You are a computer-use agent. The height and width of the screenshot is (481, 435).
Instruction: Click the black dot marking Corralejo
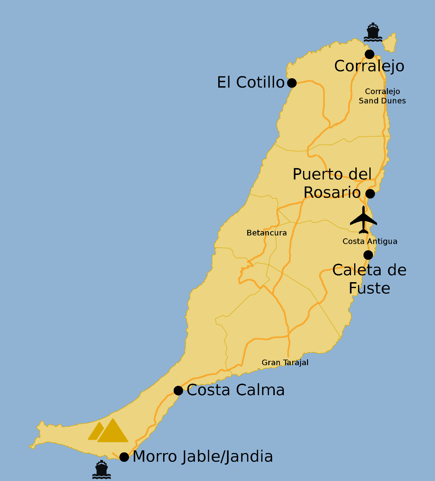[x=369, y=54]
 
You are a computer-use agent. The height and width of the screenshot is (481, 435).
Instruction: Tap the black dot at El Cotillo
[x=292, y=83]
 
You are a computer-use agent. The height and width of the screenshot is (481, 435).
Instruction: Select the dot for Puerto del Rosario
[x=370, y=194]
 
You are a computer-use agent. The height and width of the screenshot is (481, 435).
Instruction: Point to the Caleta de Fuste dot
[x=368, y=255]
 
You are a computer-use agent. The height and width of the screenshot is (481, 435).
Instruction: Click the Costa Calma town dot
[x=178, y=390]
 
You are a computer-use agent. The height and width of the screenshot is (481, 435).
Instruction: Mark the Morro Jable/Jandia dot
[x=124, y=457]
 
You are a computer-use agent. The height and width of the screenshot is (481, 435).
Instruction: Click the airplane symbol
[x=363, y=220]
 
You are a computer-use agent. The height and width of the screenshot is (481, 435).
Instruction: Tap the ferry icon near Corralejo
[x=373, y=33]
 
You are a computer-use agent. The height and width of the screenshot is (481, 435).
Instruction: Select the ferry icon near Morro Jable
[x=101, y=470]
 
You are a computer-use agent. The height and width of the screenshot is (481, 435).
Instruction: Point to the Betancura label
[x=266, y=233]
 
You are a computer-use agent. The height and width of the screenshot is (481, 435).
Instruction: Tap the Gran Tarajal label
[x=285, y=363]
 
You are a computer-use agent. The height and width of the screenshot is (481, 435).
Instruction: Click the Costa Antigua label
[x=370, y=242]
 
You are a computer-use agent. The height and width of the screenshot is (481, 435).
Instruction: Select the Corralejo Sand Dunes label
[x=382, y=96]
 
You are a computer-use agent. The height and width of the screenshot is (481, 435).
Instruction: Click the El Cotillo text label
[x=250, y=83]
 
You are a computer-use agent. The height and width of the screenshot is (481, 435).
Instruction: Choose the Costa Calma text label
[x=236, y=390]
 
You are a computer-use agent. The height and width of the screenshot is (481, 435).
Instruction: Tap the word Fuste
[x=369, y=288]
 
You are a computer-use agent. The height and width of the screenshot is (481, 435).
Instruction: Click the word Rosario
[x=332, y=192]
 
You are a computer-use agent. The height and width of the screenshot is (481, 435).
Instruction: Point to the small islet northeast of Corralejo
[x=390, y=42]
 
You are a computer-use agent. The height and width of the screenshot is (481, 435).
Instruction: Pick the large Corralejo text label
[x=369, y=66]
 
